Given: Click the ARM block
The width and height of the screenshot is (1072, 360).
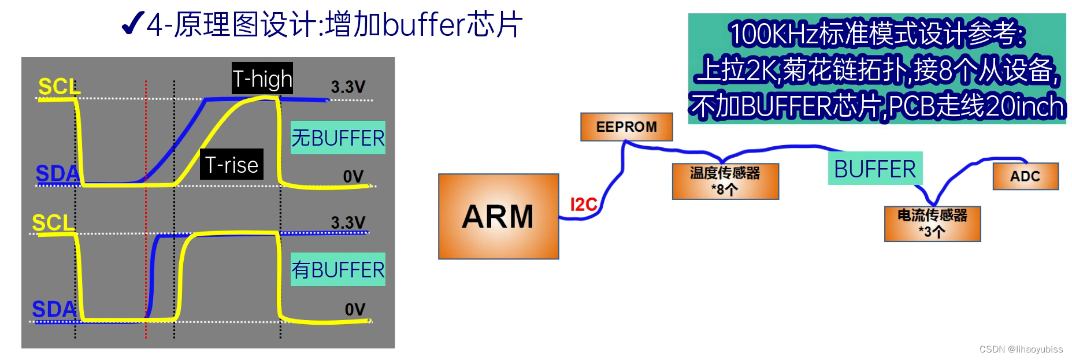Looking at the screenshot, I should [x=498, y=217].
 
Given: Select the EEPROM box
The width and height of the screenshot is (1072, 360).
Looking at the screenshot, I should [x=626, y=127].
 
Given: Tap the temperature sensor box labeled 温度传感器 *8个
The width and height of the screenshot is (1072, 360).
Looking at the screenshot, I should [x=725, y=181].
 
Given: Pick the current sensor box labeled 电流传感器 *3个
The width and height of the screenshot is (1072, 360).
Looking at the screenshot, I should [x=932, y=224].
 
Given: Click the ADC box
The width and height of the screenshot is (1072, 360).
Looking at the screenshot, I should [x=1025, y=176].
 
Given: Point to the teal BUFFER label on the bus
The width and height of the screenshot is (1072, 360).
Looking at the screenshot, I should [x=875, y=169].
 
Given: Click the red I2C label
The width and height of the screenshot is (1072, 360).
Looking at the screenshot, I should [x=583, y=204].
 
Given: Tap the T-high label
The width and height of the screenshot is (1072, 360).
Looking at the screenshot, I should [x=262, y=79].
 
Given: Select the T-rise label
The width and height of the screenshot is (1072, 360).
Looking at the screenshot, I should [x=232, y=165].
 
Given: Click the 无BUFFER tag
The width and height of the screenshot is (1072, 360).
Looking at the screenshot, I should [x=337, y=138].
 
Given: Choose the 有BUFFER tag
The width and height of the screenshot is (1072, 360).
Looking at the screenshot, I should [x=337, y=270].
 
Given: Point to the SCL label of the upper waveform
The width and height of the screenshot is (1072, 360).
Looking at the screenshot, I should [x=58, y=87].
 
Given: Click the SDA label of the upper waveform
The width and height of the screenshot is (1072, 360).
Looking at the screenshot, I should [x=57, y=173].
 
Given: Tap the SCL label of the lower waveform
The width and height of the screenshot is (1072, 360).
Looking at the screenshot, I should [x=53, y=222].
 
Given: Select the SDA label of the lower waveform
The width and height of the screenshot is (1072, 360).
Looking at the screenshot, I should [x=54, y=309].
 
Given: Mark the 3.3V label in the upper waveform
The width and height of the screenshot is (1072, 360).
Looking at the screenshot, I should [x=348, y=87].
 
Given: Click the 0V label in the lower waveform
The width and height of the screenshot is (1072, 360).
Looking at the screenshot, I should [x=355, y=310].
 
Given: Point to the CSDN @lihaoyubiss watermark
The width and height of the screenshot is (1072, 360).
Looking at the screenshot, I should [x=1021, y=349].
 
